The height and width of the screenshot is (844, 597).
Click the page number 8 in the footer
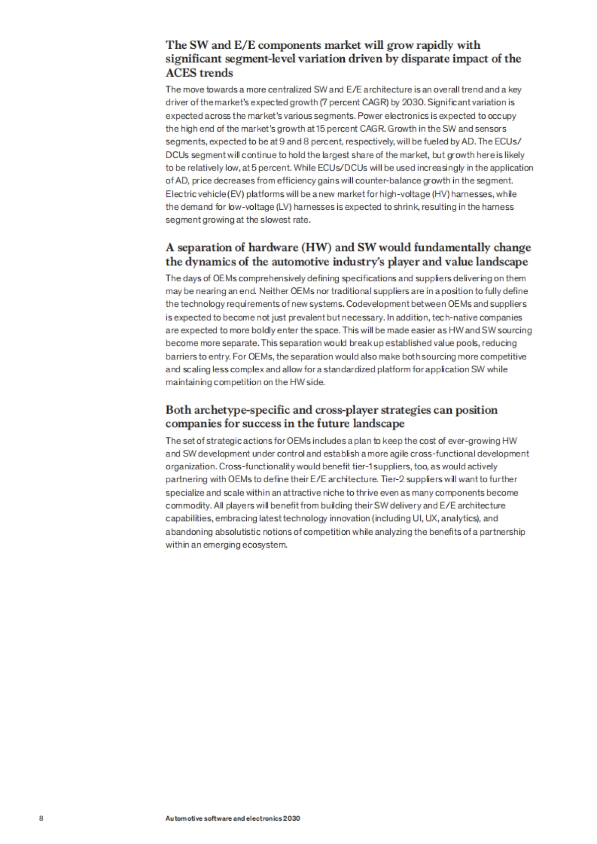click(41, 818)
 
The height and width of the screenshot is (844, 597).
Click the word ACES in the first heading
click(181, 73)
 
